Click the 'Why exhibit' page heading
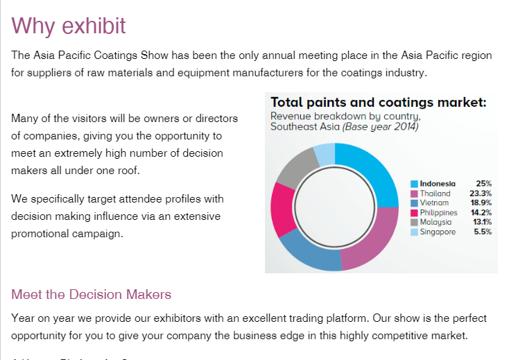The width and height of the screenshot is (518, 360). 69,26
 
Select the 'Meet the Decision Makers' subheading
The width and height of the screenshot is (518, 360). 91,295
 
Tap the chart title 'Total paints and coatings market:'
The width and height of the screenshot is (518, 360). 378,103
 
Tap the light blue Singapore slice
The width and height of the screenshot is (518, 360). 325,154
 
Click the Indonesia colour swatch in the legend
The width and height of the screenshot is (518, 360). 415,184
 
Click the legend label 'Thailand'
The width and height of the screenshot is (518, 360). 435,194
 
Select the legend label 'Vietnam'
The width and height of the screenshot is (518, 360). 434,203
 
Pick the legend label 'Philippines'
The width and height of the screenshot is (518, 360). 439,213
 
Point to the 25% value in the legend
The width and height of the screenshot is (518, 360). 483,184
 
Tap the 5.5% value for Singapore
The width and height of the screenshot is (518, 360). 482,232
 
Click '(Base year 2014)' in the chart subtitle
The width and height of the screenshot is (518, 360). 379,127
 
